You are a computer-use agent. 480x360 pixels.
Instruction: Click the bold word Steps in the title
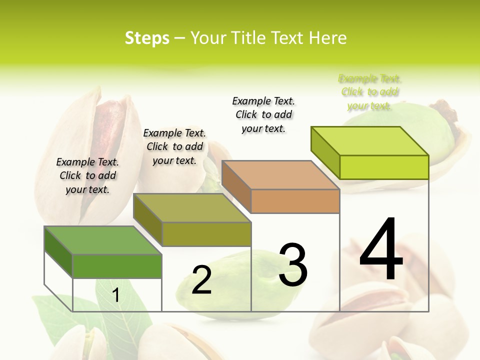(x=147, y=38)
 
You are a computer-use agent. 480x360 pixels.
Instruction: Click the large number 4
(x=381, y=250)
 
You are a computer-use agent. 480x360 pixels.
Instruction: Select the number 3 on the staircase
(x=292, y=265)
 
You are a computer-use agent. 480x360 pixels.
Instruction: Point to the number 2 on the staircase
(x=201, y=280)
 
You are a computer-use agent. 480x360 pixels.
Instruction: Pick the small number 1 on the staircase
(x=116, y=295)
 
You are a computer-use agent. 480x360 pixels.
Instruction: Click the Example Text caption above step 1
(x=87, y=175)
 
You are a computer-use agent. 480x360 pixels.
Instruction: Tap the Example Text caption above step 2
(x=174, y=146)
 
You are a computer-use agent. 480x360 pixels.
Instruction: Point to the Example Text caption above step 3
(x=263, y=114)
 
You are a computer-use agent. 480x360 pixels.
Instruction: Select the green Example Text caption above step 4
(x=369, y=92)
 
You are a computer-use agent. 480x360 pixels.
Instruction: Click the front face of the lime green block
(x=384, y=167)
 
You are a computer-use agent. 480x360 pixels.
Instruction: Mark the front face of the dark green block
(x=117, y=266)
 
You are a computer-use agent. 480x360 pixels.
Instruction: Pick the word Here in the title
(x=328, y=38)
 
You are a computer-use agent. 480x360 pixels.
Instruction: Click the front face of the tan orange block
(x=295, y=201)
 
